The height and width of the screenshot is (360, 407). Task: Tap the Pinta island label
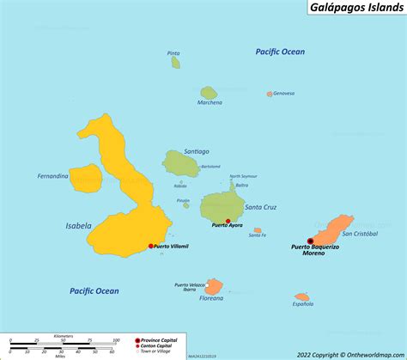(x=174, y=53)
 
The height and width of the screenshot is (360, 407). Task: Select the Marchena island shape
(x=208, y=92)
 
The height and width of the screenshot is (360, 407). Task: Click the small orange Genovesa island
(x=270, y=94)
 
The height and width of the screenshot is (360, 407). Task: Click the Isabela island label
(x=78, y=226)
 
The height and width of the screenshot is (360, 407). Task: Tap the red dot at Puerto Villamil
(x=151, y=246)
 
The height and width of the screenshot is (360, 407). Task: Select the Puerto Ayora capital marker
(x=228, y=221)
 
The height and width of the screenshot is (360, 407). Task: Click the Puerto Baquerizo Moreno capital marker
(x=311, y=241)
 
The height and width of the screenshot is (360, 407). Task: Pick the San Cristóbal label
(x=359, y=233)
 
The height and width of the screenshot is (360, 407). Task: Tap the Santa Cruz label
(x=260, y=206)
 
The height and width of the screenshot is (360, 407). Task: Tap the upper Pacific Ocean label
(x=280, y=52)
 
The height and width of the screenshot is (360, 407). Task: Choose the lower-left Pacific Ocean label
(x=94, y=290)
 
